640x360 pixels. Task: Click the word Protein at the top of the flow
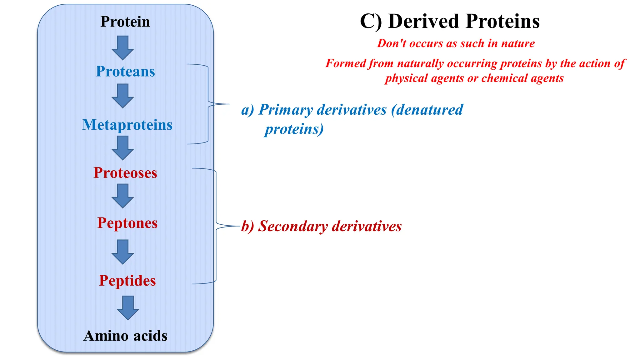click(x=125, y=22)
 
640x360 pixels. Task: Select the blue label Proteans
click(x=125, y=72)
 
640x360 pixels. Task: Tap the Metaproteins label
click(x=127, y=125)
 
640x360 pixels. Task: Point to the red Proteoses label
click(x=125, y=173)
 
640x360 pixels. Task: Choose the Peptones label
click(x=127, y=223)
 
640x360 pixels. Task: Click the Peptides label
click(x=127, y=281)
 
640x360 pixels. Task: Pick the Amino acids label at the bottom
click(x=125, y=336)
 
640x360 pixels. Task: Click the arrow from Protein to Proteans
click(x=122, y=47)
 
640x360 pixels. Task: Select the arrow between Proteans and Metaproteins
click(x=122, y=96)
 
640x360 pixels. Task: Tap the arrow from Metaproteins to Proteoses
click(x=122, y=148)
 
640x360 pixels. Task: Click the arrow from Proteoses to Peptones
click(x=122, y=196)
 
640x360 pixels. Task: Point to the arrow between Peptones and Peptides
click(x=122, y=252)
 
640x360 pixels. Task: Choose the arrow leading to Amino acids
click(x=128, y=308)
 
